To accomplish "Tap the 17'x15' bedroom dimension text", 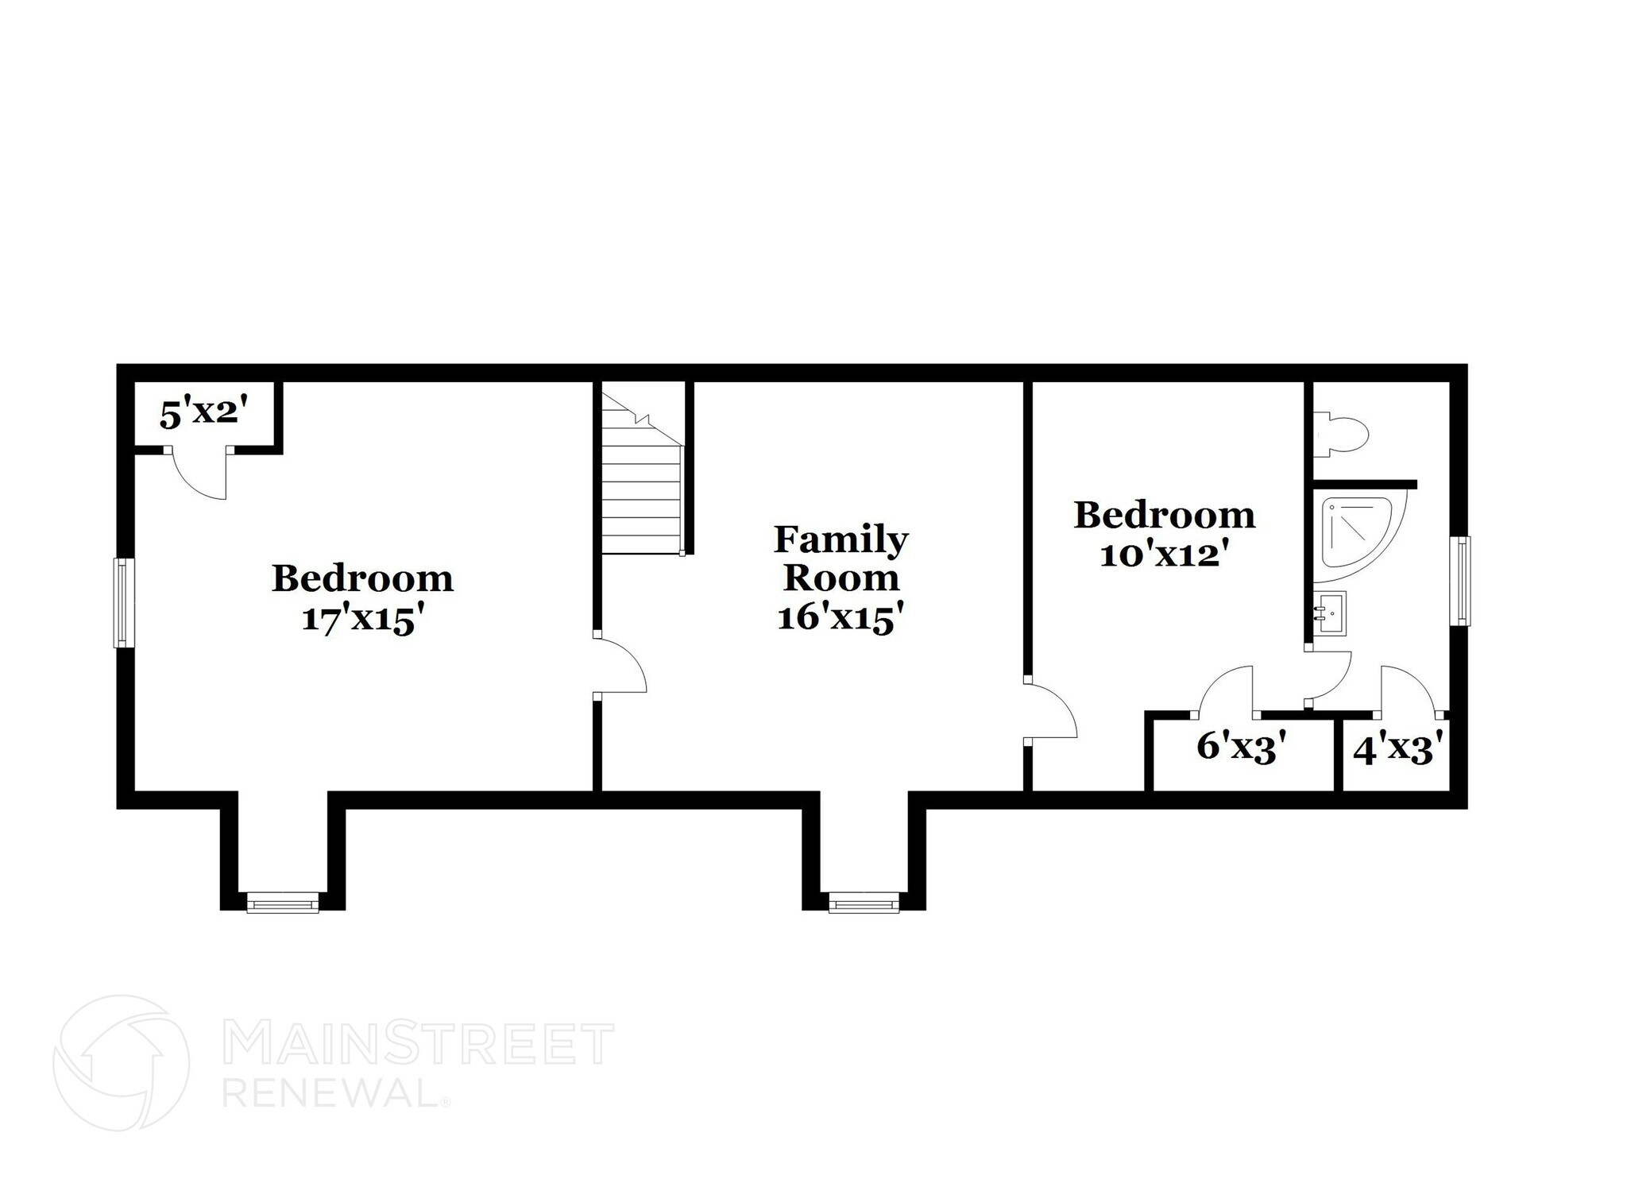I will click(360, 620).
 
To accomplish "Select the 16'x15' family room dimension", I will click(841, 617).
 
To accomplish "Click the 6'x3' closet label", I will click(1241, 748).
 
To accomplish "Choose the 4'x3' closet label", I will click(1397, 750).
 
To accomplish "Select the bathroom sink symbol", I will click(1328, 613).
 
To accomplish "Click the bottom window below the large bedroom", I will click(282, 903).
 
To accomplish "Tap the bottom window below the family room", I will click(864, 903).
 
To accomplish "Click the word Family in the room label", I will click(841, 540).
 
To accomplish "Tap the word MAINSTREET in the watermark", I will click(419, 1044).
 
